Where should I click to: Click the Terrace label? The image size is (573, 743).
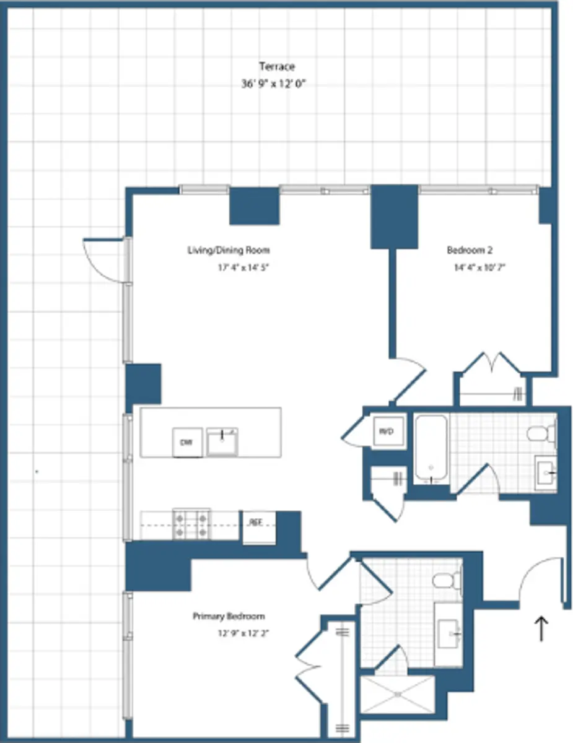tap(276, 66)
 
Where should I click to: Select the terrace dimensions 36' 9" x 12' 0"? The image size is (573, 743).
tap(274, 83)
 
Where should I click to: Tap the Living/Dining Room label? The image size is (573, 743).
tap(229, 250)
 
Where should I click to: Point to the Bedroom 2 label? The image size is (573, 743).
tap(470, 250)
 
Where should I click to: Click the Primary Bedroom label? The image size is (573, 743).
tap(229, 616)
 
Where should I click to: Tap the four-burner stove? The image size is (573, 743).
tap(191, 524)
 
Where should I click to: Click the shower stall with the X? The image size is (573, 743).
tap(398, 694)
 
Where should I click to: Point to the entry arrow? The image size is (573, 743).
tap(542, 628)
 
